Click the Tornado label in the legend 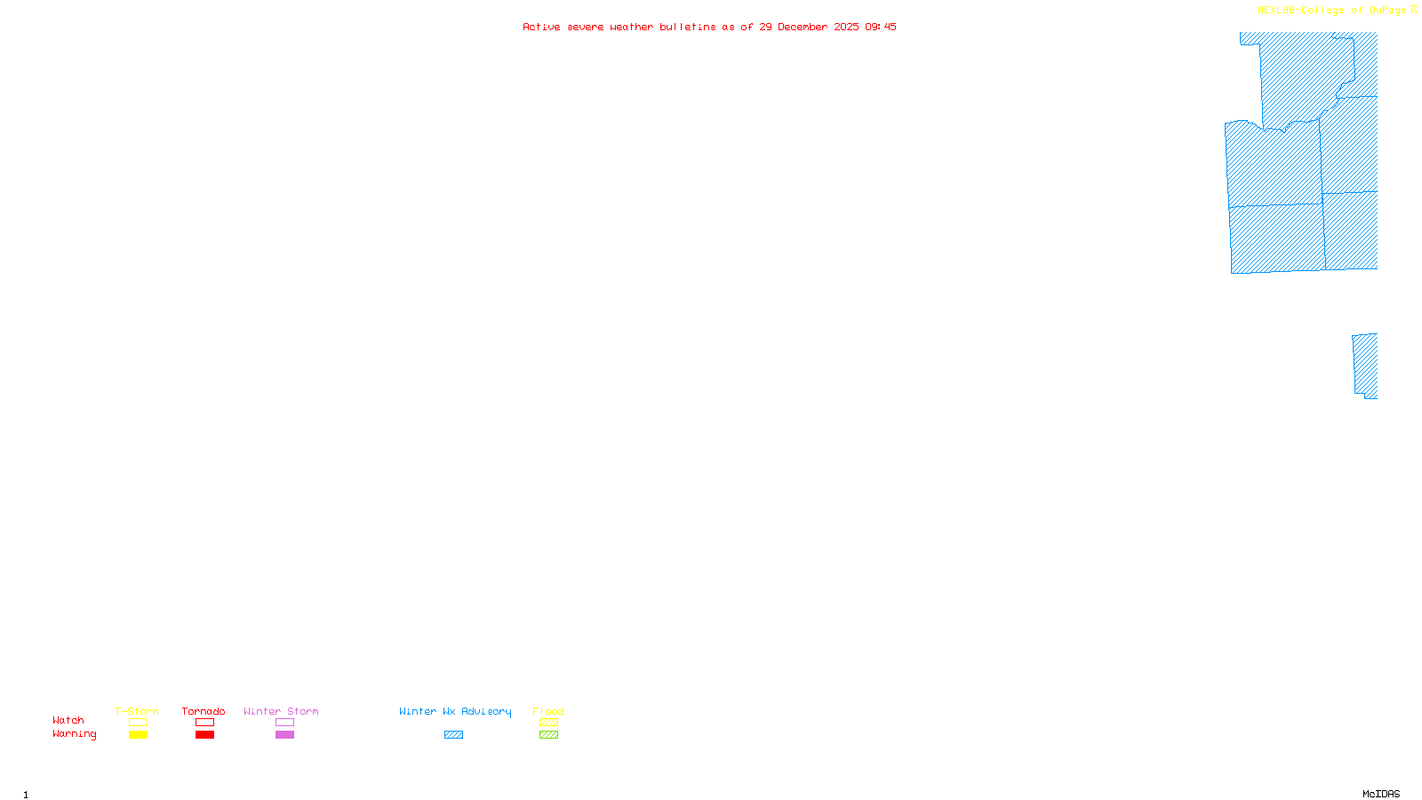(x=204, y=711)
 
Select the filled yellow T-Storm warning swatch (x=138, y=735)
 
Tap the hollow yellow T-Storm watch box (x=138, y=723)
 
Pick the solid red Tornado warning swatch (x=204, y=735)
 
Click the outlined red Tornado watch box (x=204, y=723)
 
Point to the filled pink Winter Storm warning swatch (x=284, y=735)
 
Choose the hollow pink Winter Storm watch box (x=284, y=723)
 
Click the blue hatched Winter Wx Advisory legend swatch (x=453, y=735)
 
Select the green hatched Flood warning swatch (x=548, y=735)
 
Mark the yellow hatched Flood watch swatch (x=548, y=723)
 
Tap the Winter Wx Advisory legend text (x=455, y=711)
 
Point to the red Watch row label (x=68, y=721)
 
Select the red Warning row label (x=74, y=734)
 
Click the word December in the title (x=803, y=27)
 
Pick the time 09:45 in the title (x=881, y=27)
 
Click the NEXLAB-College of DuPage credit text (x=1331, y=11)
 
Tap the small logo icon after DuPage (x=1414, y=10)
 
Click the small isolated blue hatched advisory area (x=1366, y=365)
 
